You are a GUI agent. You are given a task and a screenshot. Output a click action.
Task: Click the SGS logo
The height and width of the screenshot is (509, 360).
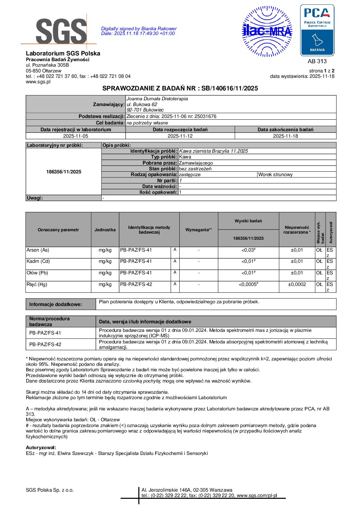[61, 31]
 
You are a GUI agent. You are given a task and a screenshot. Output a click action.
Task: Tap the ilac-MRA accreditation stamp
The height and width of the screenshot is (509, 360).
[267, 31]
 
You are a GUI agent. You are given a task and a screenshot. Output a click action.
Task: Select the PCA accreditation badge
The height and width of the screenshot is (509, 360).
[317, 30]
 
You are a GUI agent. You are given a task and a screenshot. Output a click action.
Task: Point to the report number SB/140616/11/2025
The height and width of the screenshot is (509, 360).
[230, 88]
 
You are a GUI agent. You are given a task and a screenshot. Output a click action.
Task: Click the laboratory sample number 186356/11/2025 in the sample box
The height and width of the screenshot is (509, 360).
[64, 172]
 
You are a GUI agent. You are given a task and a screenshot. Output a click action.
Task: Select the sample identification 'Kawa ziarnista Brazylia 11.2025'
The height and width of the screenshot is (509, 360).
[213, 151]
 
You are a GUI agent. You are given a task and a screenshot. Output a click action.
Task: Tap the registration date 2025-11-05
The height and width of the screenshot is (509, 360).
[76, 136]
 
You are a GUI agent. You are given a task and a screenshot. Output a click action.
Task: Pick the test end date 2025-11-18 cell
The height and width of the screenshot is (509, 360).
[285, 136]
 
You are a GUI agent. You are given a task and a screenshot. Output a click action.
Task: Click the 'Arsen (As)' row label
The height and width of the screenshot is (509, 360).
[38, 250]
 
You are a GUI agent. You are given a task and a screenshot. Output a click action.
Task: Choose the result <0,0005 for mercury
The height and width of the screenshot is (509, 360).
[248, 285]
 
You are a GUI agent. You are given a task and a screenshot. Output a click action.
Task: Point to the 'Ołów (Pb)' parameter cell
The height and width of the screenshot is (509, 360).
[37, 273]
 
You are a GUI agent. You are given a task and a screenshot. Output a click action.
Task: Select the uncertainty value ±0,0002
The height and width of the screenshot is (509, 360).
[297, 285]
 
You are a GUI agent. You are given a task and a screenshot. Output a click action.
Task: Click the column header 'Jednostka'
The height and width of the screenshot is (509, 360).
[105, 230]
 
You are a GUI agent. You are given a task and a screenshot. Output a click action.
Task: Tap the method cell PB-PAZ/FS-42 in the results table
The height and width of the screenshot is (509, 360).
[136, 285]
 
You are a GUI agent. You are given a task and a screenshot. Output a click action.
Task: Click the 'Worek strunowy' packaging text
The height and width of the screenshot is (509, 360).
[275, 175]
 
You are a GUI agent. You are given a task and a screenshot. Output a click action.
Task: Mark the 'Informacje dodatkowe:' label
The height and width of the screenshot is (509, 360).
[55, 304]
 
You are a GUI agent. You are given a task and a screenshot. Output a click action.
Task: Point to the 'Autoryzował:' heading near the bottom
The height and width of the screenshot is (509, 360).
[41, 447]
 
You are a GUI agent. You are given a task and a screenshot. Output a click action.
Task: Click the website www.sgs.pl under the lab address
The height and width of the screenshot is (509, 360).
[38, 82]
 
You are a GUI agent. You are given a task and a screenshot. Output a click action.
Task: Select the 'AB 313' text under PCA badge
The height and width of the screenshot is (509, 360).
[317, 61]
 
